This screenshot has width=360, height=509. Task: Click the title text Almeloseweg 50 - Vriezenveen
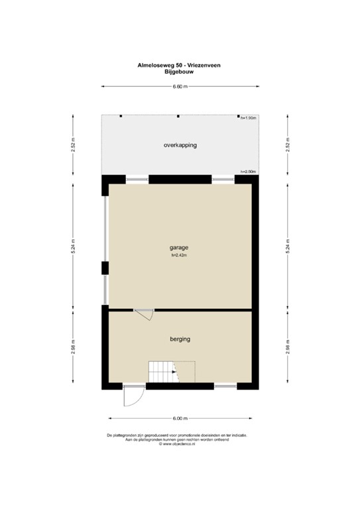pos(180,66)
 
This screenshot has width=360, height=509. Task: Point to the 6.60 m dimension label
pos(180,86)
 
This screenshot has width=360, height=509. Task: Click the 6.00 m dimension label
pos(180,419)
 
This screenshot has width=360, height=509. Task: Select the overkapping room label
pos(180,144)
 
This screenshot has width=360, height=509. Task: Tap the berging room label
pos(180,339)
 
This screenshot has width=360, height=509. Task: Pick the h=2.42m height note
pos(179,256)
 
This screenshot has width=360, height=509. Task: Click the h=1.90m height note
pos(248,118)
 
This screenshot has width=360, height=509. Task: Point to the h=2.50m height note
pos(248,172)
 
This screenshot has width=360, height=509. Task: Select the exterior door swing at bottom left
pos(132,396)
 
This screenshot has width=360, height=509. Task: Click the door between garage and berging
pos(143,315)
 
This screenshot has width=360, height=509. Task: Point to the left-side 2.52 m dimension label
pos(74,144)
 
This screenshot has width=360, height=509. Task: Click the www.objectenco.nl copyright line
pos(180,444)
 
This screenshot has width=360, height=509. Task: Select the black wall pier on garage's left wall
pos(104,268)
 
